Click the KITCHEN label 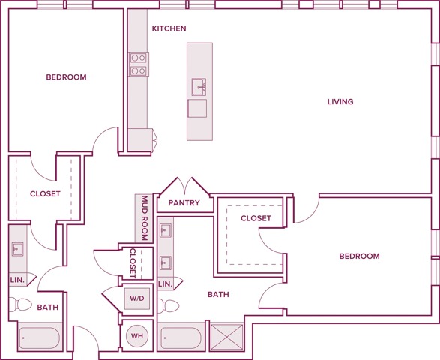[169, 28]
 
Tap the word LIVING [340, 101]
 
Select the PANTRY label [184, 202]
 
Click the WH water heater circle [137, 335]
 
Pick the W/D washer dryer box [137, 298]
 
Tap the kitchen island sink [199, 87]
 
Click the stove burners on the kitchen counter [139, 64]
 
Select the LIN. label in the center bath [166, 284]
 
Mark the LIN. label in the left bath [17, 280]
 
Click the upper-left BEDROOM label [66, 77]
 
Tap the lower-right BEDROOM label [359, 256]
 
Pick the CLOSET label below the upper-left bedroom [45, 194]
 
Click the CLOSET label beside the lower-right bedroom [256, 218]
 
